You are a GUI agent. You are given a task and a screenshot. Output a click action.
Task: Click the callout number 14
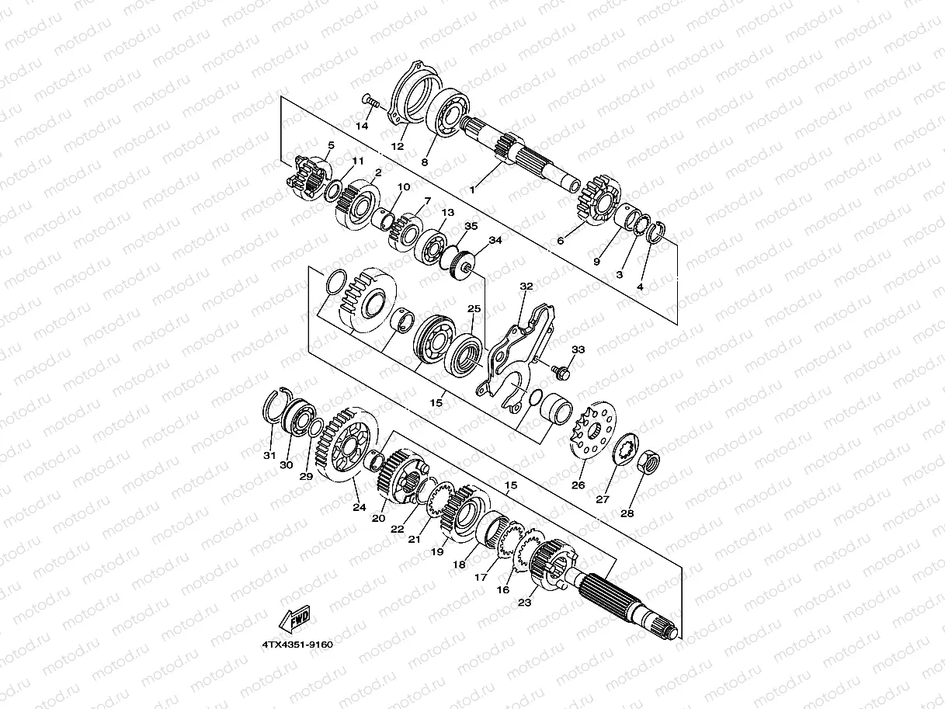(362, 126)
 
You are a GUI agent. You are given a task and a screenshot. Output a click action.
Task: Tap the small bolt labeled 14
(370, 101)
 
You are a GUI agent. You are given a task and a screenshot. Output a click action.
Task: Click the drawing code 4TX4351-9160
(297, 645)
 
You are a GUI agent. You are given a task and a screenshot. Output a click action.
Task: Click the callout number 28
(627, 513)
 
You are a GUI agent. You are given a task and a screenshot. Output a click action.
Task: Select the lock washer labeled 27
(626, 449)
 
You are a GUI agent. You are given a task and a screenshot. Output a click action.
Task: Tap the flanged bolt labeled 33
(560, 372)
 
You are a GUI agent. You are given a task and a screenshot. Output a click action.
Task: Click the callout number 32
(526, 287)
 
